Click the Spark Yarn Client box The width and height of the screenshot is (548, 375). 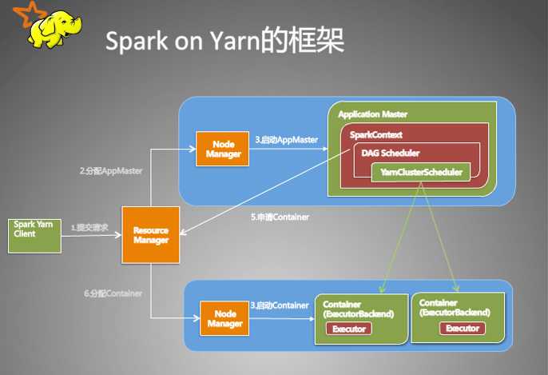[x=34, y=234]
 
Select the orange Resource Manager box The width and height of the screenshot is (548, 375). [x=151, y=234]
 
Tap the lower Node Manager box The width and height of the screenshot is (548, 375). [x=224, y=317]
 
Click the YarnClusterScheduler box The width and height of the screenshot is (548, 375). [x=420, y=171]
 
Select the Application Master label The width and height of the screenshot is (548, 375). [x=372, y=114]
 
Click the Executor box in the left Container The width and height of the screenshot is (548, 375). [x=349, y=329]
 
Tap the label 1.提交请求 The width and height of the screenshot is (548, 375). [x=91, y=228]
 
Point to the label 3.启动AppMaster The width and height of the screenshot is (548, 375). [x=286, y=139]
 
